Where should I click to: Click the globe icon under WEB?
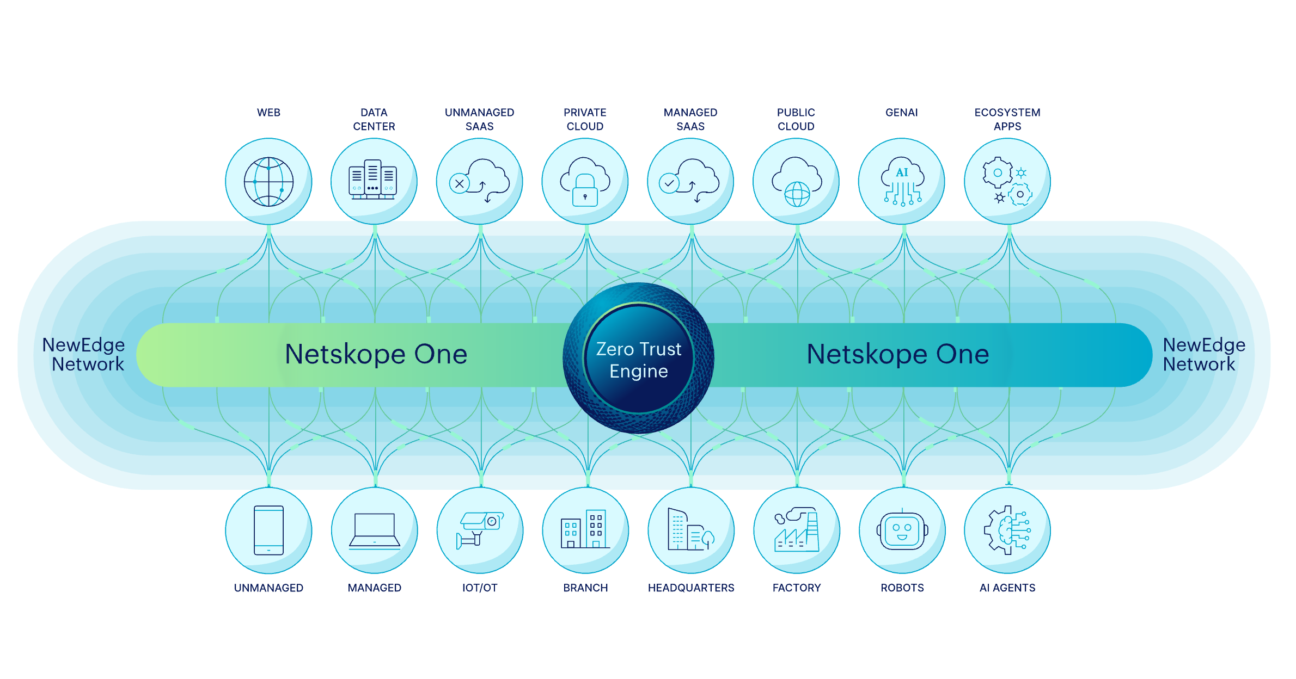click(268, 182)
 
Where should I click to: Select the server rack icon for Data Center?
click(373, 180)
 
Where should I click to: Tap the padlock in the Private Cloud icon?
click(585, 191)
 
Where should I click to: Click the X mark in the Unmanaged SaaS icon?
click(460, 183)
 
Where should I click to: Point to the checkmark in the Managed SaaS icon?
click(669, 183)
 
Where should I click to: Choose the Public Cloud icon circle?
click(796, 181)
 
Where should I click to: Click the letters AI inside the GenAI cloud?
click(902, 172)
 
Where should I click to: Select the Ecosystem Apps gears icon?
click(1007, 182)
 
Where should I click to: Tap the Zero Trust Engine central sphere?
click(638, 359)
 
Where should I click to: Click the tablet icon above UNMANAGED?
click(268, 530)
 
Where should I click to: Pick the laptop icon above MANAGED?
click(375, 530)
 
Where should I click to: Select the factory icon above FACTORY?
click(797, 530)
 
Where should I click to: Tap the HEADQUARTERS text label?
click(691, 588)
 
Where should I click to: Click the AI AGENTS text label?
click(1007, 588)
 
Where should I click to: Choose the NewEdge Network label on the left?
click(84, 354)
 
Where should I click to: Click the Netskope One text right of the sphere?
click(897, 354)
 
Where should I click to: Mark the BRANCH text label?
click(585, 588)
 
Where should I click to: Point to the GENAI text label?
click(901, 113)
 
